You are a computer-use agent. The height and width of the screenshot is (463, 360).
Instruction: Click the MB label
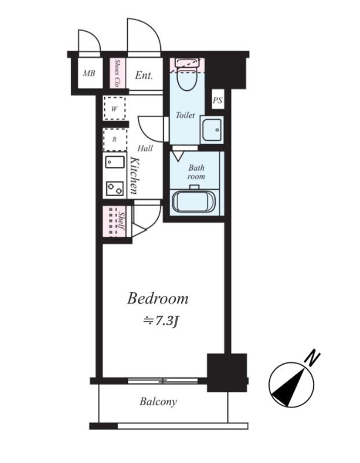89,73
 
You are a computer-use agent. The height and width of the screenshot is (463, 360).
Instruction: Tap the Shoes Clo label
117,74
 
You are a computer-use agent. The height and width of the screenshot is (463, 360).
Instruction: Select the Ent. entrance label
144,75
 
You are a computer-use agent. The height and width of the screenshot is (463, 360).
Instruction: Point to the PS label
218,100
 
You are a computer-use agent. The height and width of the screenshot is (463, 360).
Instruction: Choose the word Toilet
185,115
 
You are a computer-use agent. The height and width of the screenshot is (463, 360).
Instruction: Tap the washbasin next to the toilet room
212,130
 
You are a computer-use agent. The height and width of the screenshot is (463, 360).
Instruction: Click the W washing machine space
114,108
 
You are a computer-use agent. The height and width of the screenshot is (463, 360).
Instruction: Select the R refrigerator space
115,139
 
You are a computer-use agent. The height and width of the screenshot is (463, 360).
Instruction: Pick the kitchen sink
115,162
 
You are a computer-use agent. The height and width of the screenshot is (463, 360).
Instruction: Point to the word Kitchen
134,176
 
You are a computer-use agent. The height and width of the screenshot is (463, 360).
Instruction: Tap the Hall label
145,148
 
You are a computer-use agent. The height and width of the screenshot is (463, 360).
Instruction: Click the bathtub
194,201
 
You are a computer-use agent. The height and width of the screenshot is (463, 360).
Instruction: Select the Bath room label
196,172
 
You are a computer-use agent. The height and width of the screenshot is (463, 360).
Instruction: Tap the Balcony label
158,402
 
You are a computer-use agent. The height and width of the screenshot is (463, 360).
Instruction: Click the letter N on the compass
313,358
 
